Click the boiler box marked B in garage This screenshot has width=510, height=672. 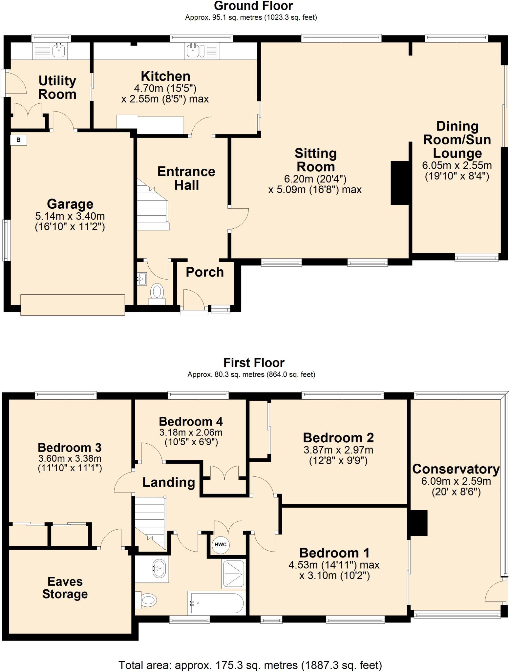pyautogui.click(x=18, y=140)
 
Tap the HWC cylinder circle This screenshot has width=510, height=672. pyautogui.click(x=220, y=545)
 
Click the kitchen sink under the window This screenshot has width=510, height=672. pyautogui.click(x=196, y=51)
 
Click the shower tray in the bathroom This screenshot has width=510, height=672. pyautogui.click(x=234, y=574)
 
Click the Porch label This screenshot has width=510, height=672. pyautogui.click(x=205, y=272)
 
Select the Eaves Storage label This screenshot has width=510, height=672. pyautogui.click(x=65, y=588)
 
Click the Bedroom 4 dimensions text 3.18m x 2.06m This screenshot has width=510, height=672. pyautogui.click(x=191, y=432)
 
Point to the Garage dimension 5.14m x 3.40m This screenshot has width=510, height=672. pyautogui.click(x=70, y=216)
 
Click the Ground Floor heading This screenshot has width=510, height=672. pyautogui.click(x=253, y=6)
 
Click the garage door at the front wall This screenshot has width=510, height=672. pyautogui.click(x=73, y=305)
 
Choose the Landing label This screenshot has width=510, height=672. pyautogui.click(x=169, y=482)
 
